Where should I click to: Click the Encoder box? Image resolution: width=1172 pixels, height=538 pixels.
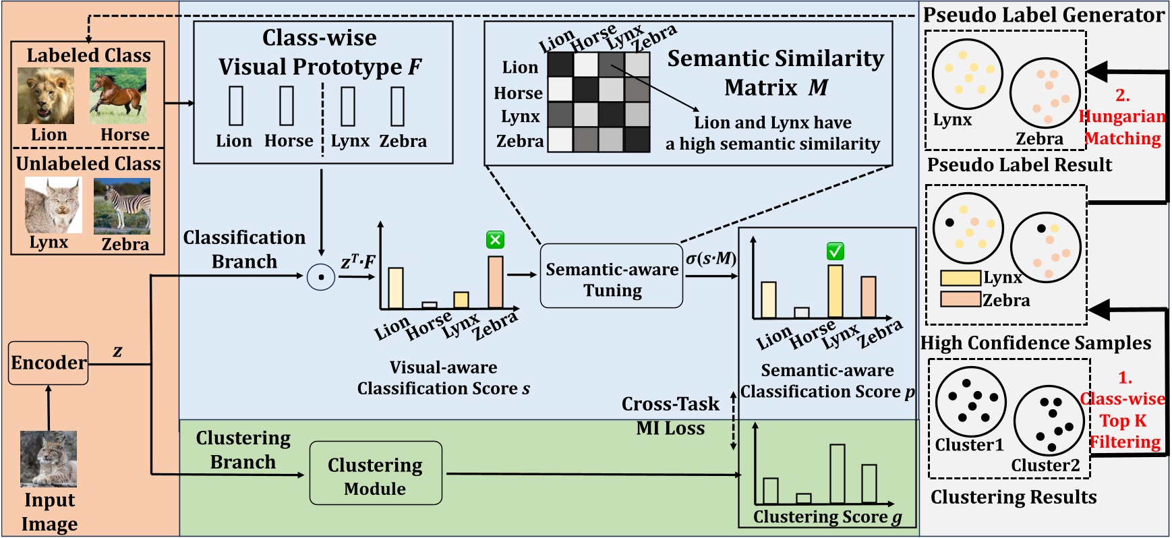coord(49,363)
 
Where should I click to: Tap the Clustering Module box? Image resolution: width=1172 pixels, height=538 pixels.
coord(376,473)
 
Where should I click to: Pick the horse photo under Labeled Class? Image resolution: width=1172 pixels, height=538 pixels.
coord(118,96)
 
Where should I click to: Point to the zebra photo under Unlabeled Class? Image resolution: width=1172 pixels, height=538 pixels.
coord(122,206)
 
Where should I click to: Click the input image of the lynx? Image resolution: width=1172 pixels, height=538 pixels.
coord(49,459)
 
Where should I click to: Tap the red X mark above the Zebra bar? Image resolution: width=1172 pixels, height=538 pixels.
coord(496,240)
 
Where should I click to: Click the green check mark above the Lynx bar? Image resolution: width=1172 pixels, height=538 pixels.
coord(836,251)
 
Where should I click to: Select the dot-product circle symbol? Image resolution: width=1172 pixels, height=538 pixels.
coord(321,277)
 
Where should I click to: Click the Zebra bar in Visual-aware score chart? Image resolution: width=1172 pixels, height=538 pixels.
coord(496,282)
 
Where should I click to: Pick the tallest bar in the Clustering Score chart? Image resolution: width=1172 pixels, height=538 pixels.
coord(838,473)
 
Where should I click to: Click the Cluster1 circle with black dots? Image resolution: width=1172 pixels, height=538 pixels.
coord(970,403)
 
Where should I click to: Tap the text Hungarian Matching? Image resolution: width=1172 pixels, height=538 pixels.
coord(1123,127)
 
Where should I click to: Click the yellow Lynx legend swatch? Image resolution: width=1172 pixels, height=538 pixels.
coord(960,278)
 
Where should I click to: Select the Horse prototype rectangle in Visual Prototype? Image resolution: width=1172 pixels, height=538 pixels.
coord(287,106)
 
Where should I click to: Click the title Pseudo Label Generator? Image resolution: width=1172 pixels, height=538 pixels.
coord(1044,15)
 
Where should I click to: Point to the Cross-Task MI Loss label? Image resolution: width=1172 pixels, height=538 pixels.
coord(670,415)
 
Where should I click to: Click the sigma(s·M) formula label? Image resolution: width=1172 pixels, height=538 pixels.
coord(711,259)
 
